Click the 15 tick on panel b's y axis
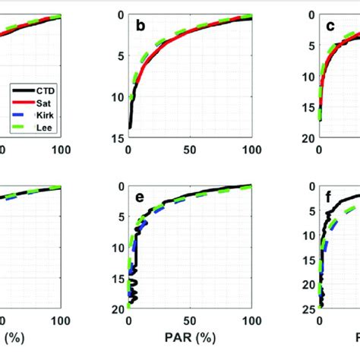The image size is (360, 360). [118, 137]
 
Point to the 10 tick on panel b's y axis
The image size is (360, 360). [118, 96]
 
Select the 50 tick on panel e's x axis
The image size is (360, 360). [189, 321]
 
